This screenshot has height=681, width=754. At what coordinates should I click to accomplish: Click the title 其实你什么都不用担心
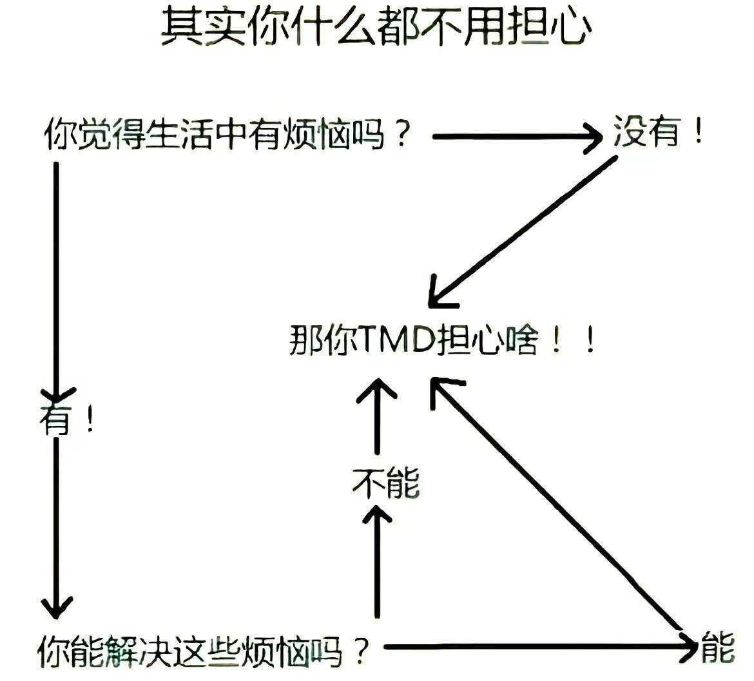(376, 28)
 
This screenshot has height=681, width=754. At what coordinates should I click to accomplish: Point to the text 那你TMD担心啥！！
(442, 340)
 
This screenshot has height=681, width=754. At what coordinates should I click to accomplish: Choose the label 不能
(385, 483)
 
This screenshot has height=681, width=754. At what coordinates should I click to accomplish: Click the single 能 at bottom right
(717, 648)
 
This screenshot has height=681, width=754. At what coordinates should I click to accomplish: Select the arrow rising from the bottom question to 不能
(377, 561)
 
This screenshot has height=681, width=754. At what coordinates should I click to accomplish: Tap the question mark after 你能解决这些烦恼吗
(362, 651)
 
